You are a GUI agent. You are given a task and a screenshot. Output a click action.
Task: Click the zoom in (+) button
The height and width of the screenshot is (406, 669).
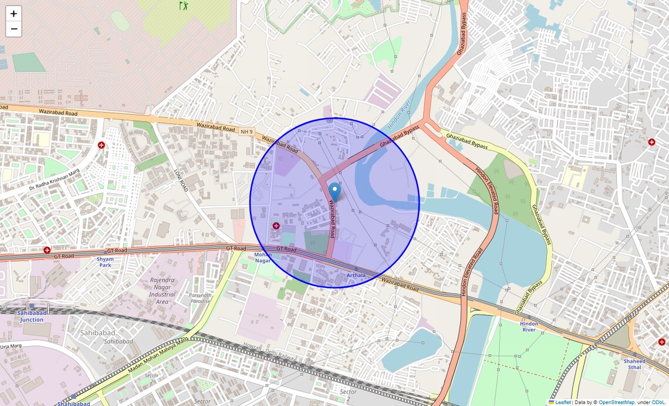pyautogui.click(x=13, y=14)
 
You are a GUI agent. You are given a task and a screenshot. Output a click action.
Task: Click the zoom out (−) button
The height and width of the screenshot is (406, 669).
pyautogui.click(x=13, y=29)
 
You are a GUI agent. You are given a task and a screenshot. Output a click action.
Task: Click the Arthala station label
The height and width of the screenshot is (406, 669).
pyautogui.click(x=356, y=275)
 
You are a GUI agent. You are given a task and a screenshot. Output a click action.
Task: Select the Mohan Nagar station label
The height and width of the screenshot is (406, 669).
pyautogui.click(x=262, y=257)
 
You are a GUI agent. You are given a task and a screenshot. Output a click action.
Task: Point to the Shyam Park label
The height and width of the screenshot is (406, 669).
pyautogui.click(x=105, y=261)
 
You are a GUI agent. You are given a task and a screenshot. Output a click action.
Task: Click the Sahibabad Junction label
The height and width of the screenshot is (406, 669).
pyautogui.click(x=32, y=316)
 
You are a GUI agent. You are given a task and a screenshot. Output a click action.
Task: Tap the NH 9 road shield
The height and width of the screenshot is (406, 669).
pyautogui.click(x=246, y=130)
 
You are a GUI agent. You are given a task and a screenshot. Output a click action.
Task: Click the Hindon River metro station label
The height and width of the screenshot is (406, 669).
pyautogui.click(x=529, y=327)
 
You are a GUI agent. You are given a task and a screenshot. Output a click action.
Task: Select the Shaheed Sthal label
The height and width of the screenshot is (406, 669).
pyautogui.click(x=634, y=364)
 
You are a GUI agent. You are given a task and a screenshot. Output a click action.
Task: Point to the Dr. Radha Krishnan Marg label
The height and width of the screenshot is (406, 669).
pyautogui.click(x=54, y=180)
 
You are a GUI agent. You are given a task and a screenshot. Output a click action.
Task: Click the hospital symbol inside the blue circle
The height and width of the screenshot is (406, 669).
pyautogui.click(x=276, y=226)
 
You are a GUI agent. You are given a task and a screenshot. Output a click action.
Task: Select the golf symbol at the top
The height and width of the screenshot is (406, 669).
pyautogui.click(x=183, y=5)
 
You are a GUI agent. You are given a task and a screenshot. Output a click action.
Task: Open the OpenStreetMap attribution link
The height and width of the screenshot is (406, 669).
pyautogui.click(x=616, y=402)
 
